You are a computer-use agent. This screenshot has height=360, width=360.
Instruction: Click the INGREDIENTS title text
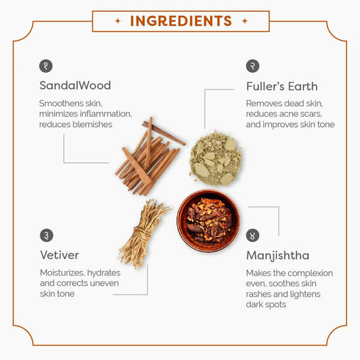(x=181, y=21)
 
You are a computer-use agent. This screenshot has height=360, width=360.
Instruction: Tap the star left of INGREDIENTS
(x=118, y=21)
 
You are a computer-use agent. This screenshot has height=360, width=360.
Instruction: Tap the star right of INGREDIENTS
(x=245, y=21)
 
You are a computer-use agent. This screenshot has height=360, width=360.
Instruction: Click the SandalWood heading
(x=75, y=85)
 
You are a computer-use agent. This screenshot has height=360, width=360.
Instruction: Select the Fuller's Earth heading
(x=282, y=87)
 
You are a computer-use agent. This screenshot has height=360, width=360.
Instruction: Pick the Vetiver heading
(x=60, y=255)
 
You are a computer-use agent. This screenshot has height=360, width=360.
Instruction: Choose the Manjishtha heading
(x=278, y=256)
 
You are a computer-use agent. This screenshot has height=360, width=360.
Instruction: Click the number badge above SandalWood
(x=46, y=66)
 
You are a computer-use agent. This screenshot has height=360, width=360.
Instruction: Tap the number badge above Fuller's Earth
(x=253, y=66)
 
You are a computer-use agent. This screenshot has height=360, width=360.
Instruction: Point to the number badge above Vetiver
(x=46, y=235)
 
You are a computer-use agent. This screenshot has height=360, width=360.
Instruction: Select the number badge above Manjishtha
(x=253, y=235)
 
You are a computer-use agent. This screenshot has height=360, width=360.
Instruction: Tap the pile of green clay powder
(x=215, y=158)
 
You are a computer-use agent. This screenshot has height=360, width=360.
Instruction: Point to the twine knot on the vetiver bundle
(x=143, y=234)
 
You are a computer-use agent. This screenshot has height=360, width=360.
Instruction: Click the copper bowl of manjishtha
(x=208, y=220)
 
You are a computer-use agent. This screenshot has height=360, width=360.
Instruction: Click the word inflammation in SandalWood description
(x=106, y=114)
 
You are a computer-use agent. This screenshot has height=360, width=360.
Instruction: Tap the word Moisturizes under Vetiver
(x=62, y=273)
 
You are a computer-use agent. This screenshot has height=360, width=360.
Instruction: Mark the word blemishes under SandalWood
(x=93, y=124)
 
